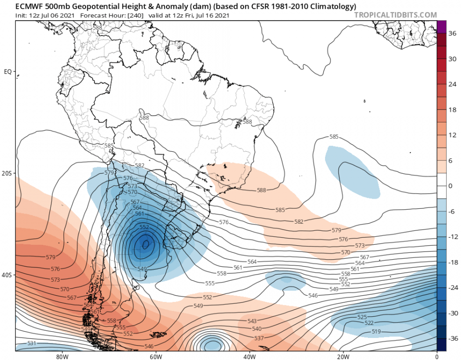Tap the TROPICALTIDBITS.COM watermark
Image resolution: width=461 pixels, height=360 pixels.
click(x=396, y=15)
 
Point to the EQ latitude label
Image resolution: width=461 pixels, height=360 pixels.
click(x=8, y=72)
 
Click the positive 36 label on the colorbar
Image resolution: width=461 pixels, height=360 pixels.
click(x=452, y=34)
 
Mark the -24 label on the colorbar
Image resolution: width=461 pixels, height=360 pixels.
click(x=452, y=288)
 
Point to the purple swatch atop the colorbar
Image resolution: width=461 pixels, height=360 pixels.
click(x=442, y=27)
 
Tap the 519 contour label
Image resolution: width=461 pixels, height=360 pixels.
click(x=376, y=332)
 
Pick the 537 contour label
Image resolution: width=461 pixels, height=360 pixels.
click(x=258, y=338)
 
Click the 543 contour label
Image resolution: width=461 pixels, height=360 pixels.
click(x=252, y=321)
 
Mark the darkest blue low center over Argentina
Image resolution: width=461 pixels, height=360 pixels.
click(x=146, y=244)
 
